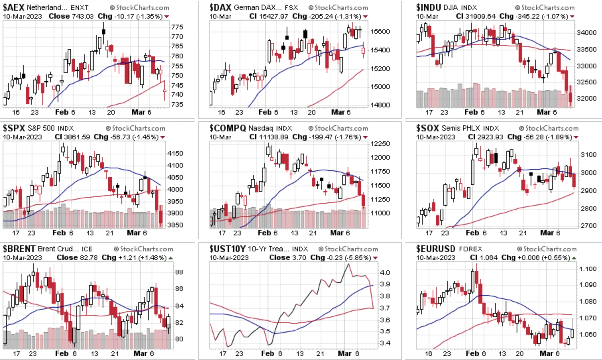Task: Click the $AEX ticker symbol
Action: (13, 7)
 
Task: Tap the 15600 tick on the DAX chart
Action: (380, 31)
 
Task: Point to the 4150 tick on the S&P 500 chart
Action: (175, 153)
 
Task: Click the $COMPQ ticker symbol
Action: (227, 128)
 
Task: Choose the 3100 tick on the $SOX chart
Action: (589, 155)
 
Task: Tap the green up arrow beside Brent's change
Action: (171, 258)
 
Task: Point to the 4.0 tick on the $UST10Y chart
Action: (385, 273)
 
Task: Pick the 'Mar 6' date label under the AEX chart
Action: (142, 112)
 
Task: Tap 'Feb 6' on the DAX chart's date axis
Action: (268, 112)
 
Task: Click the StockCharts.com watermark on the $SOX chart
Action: (549, 128)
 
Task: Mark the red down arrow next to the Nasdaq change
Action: (365, 137)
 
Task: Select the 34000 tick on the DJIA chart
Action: (587, 33)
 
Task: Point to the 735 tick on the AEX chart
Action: (177, 104)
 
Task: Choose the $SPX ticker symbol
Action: (14, 128)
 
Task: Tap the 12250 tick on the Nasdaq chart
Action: (380, 144)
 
